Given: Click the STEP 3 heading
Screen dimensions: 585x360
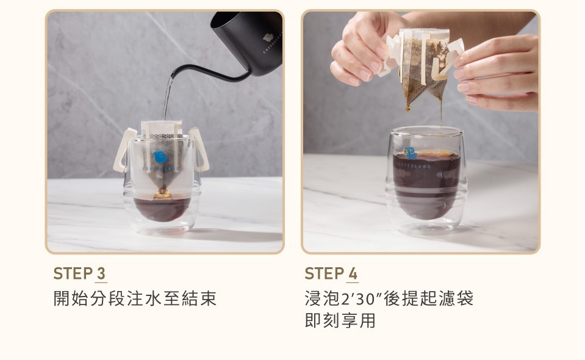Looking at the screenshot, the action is click(79, 273).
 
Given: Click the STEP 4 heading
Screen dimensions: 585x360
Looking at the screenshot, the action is click(331, 273).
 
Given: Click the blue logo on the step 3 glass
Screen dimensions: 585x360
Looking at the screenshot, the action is click(160, 157).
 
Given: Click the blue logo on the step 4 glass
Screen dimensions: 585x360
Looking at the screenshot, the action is click(411, 153).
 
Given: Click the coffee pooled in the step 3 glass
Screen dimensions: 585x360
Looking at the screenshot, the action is click(162, 207).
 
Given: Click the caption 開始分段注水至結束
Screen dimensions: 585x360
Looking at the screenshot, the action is click(135, 298).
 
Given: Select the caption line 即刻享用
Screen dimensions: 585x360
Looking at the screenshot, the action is click(340, 320).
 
